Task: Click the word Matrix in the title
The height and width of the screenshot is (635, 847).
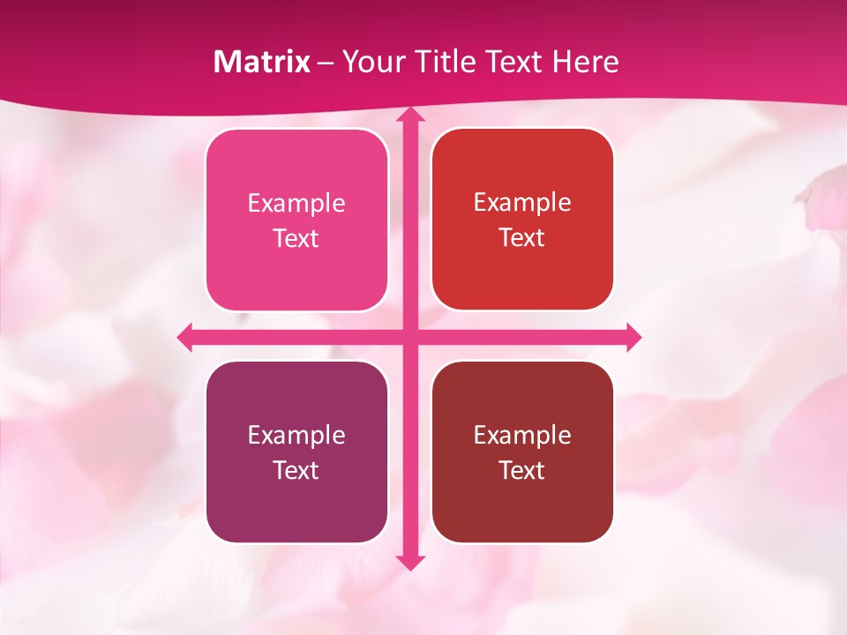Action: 262,62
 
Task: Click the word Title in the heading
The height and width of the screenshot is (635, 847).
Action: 449,62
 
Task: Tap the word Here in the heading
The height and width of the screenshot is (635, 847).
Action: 585,62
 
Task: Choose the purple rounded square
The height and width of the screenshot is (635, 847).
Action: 296,507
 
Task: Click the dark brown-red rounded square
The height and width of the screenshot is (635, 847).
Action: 522,507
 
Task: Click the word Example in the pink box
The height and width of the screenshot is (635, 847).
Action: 296,204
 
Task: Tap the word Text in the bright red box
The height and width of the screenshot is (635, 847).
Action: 522,238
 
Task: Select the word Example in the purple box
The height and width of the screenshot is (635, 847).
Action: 296,436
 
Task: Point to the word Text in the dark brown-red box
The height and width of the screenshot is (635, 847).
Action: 522,470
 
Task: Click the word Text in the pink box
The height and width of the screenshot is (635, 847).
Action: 296,239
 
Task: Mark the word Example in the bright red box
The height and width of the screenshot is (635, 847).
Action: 522,203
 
